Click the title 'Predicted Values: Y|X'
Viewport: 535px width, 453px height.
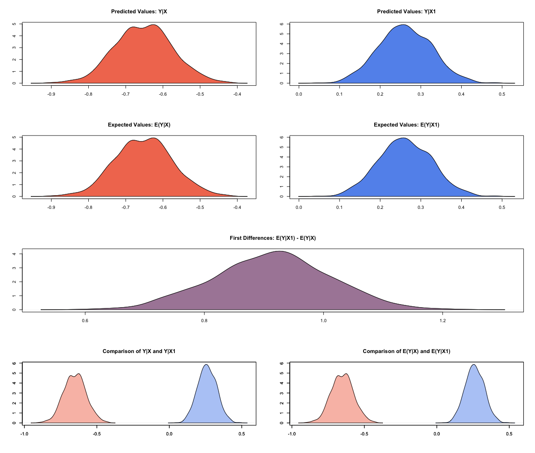(139, 12)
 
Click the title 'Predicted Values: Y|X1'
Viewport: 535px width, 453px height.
(406, 12)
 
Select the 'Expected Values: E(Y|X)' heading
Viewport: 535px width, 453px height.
(139, 125)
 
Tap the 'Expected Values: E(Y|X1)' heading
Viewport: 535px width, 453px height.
(406, 125)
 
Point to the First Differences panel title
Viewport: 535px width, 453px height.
(273, 238)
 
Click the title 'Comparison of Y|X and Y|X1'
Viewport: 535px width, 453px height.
(139, 351)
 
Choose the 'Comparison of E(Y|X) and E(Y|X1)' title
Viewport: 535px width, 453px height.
(406, 351)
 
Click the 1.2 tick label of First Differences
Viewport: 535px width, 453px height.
(442, 320)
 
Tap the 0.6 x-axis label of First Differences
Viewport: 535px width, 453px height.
(85, 320)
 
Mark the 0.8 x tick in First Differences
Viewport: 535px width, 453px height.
(204, 320)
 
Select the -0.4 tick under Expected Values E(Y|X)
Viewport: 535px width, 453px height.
(237, 207)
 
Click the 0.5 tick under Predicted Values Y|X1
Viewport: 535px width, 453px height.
(502, 94)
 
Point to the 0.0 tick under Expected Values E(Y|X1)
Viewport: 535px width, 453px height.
(299, 207)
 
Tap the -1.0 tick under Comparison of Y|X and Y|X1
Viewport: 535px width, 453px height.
(24, 434)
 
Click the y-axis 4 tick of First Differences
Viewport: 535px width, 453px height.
(14, 254)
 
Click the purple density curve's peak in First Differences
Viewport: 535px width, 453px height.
(280, 251)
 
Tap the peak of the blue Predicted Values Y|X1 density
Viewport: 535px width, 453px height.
(403, 25)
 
